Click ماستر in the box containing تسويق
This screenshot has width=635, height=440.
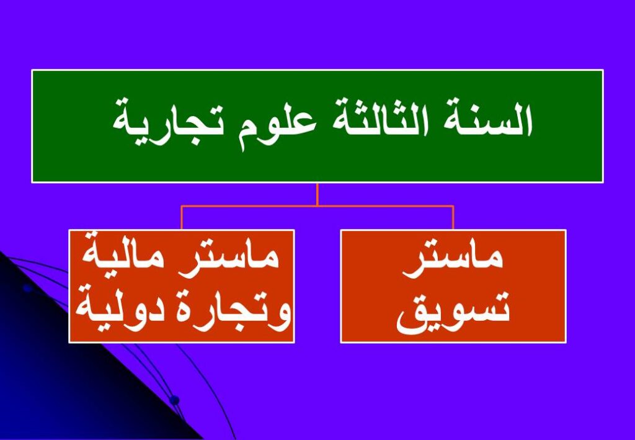point(453,259)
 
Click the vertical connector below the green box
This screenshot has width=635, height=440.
point(317,194)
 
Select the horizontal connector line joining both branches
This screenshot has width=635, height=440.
point(317,206)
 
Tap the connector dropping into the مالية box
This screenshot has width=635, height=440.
point(182,218)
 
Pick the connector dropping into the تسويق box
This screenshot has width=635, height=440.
point(453,218)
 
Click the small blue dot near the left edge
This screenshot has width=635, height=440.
point(27,289)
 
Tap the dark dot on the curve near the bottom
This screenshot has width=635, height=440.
point(174,400)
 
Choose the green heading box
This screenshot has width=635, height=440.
point(317,126)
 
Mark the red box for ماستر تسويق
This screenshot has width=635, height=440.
point(453,287)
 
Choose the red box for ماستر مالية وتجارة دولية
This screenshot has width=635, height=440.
point(182,287)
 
